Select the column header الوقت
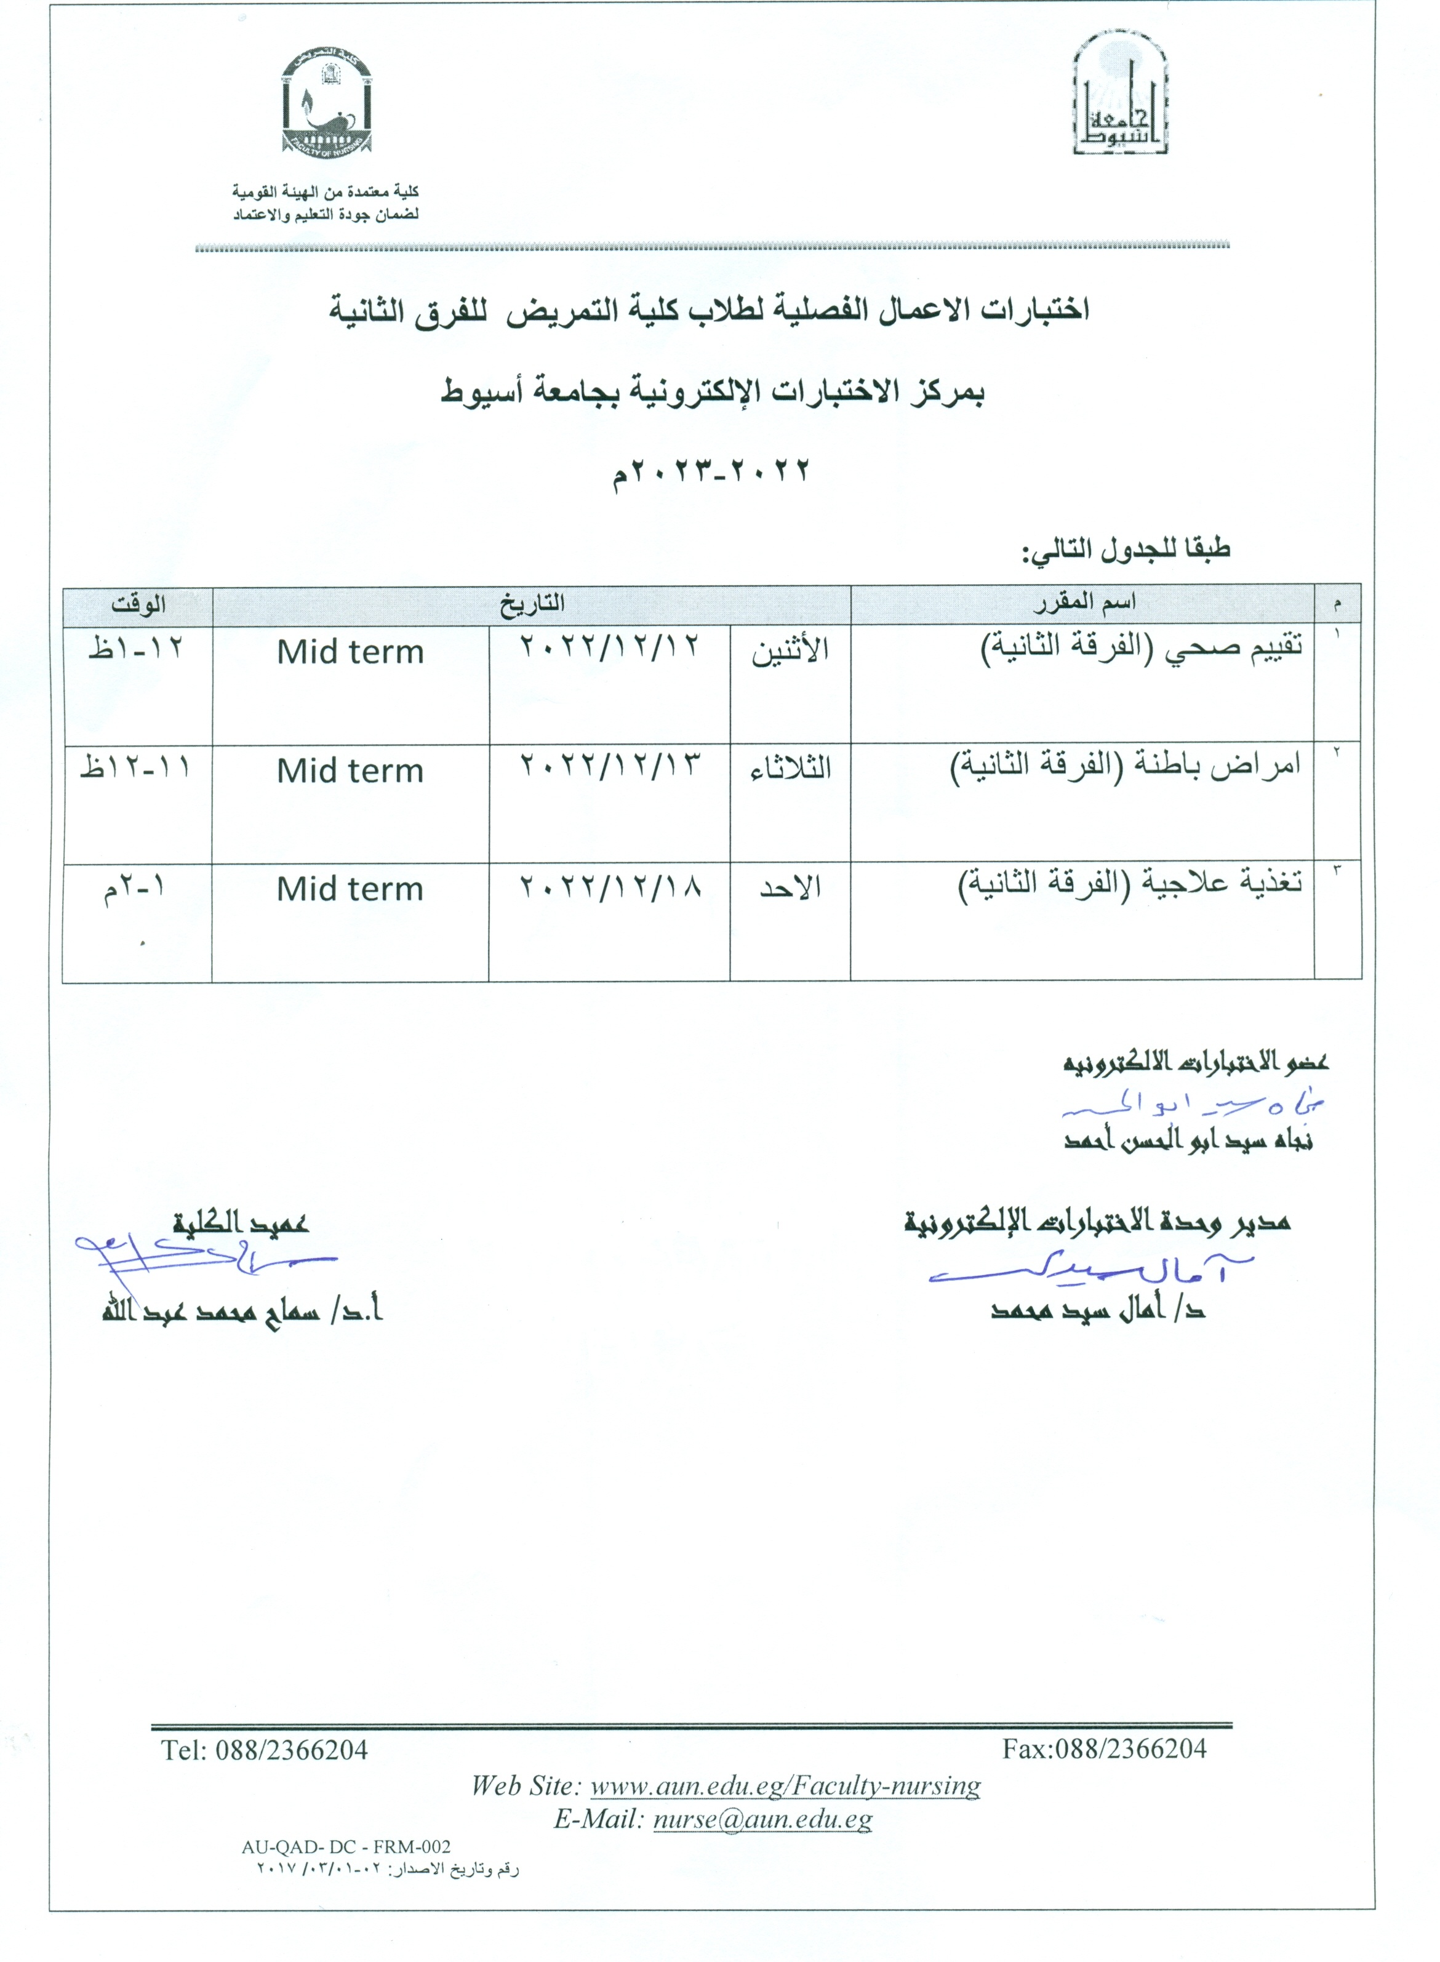click(x=138, y=603)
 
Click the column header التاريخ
click(x=532, y=603)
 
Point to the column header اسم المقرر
click(x=1084, y=603)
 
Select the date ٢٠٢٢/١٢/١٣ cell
click(x=610, y=767)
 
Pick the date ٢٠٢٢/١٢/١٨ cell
click(x=610, y=887)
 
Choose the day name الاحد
click(x=790, y=888)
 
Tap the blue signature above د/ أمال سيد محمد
click(x=1090, y=1273)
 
